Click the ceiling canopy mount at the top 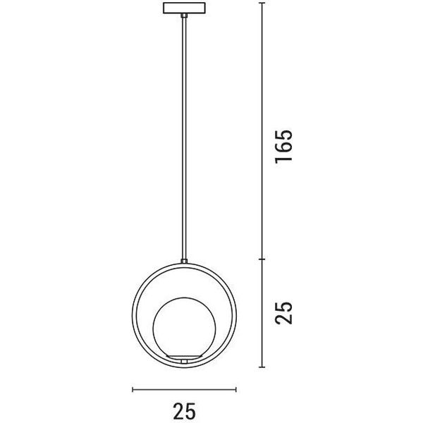[x=184, y=8]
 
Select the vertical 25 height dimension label [x=283, y=312]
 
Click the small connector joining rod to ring [x=184, y=261]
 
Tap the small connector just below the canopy [x=184, y=16]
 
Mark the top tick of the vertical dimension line [x=262, y=3]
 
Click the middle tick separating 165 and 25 [x=262, y=259]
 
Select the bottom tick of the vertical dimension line [x=262, y=367]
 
